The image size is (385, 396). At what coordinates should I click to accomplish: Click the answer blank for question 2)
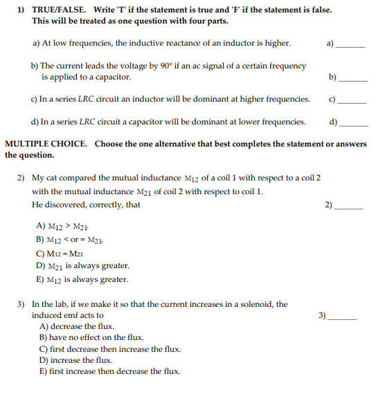tap(350, 206)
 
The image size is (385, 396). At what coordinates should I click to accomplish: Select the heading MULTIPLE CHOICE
tap(46, 144)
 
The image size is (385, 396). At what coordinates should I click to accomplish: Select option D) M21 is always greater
tap(82, 266)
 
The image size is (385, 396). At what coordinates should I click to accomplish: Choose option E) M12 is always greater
tap(82, 280)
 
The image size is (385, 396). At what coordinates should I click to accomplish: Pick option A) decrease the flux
tap(78, 326)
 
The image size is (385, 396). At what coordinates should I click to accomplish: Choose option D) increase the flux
tap(76, 360)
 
